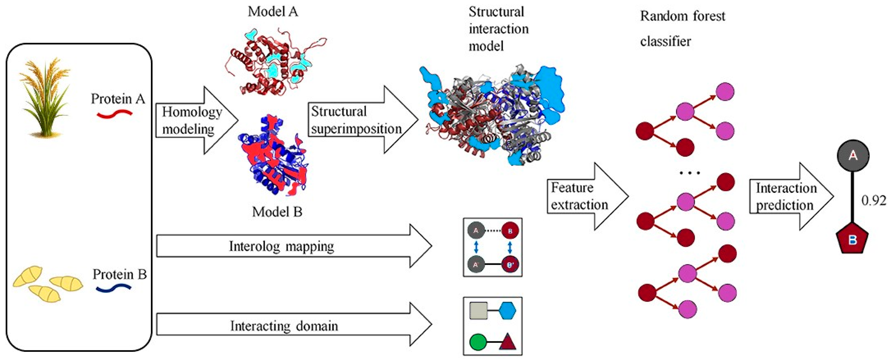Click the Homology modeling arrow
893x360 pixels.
click(194, 120)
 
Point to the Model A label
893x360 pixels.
click(273, 12)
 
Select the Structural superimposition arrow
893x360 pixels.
click(361, 120)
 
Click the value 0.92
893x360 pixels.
click(874, 201)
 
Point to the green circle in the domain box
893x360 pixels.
click(478, 342)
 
